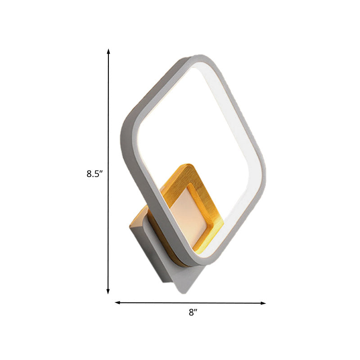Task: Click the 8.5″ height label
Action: click(95, 173)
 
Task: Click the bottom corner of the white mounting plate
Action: click(184, 292)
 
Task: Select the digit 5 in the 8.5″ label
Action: click(99, 173)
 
